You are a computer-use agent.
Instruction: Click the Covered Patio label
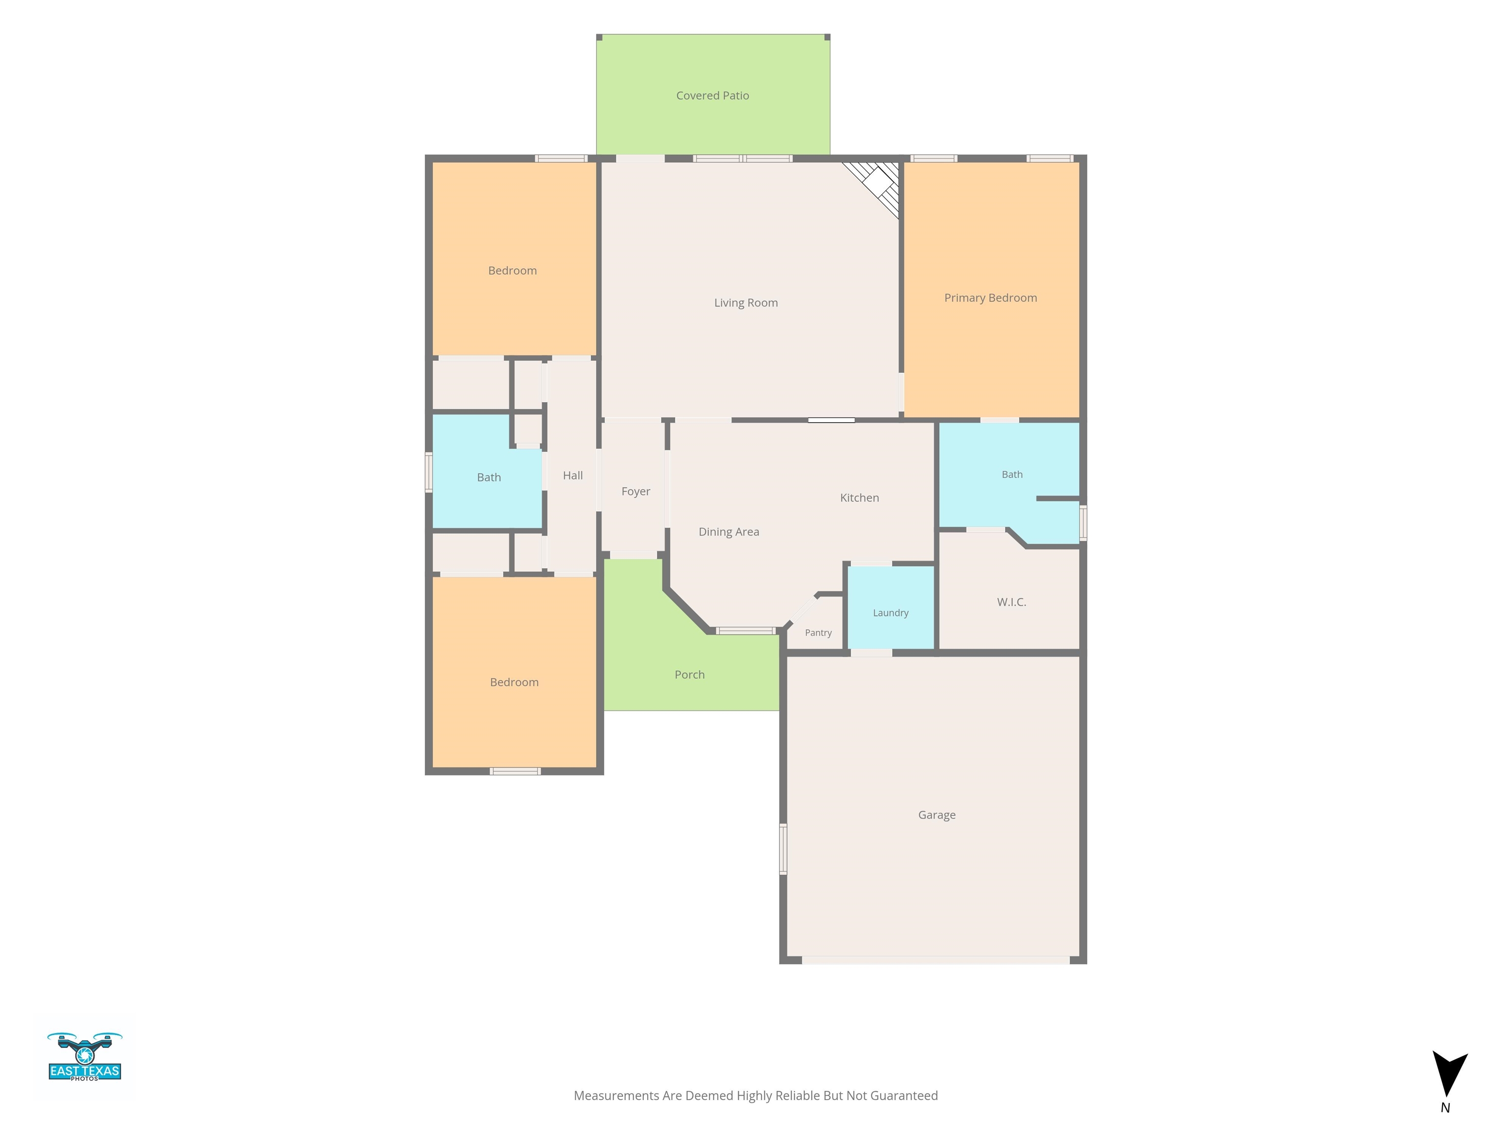click(x=712, y=95)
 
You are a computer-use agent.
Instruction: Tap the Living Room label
click(x=746, y=303)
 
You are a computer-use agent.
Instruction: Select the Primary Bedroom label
click(x=990, y=298)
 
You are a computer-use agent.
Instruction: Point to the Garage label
click(x=937, y=815)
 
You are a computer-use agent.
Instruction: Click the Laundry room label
click(x=891, y=613)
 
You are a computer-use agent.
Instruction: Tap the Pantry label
click(x=818, y=633)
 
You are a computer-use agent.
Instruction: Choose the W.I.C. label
click(x=1011, y=602)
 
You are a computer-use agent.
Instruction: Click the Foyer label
click(x=636, y=492)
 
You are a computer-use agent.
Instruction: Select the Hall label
click(x=573, y=476)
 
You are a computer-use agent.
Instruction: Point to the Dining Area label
click(x=728, y=532)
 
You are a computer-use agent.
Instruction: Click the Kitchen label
click(x=859, y=498)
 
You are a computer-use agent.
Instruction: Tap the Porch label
click(x=689, y=675)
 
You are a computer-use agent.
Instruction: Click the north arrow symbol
click(x=1449, y=1073)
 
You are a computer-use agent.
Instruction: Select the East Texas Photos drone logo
click(x=85, y=1056)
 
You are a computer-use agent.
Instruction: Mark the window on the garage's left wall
click(x=784, y=849)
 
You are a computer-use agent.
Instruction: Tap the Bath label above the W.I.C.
click(x=1012, y=474)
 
